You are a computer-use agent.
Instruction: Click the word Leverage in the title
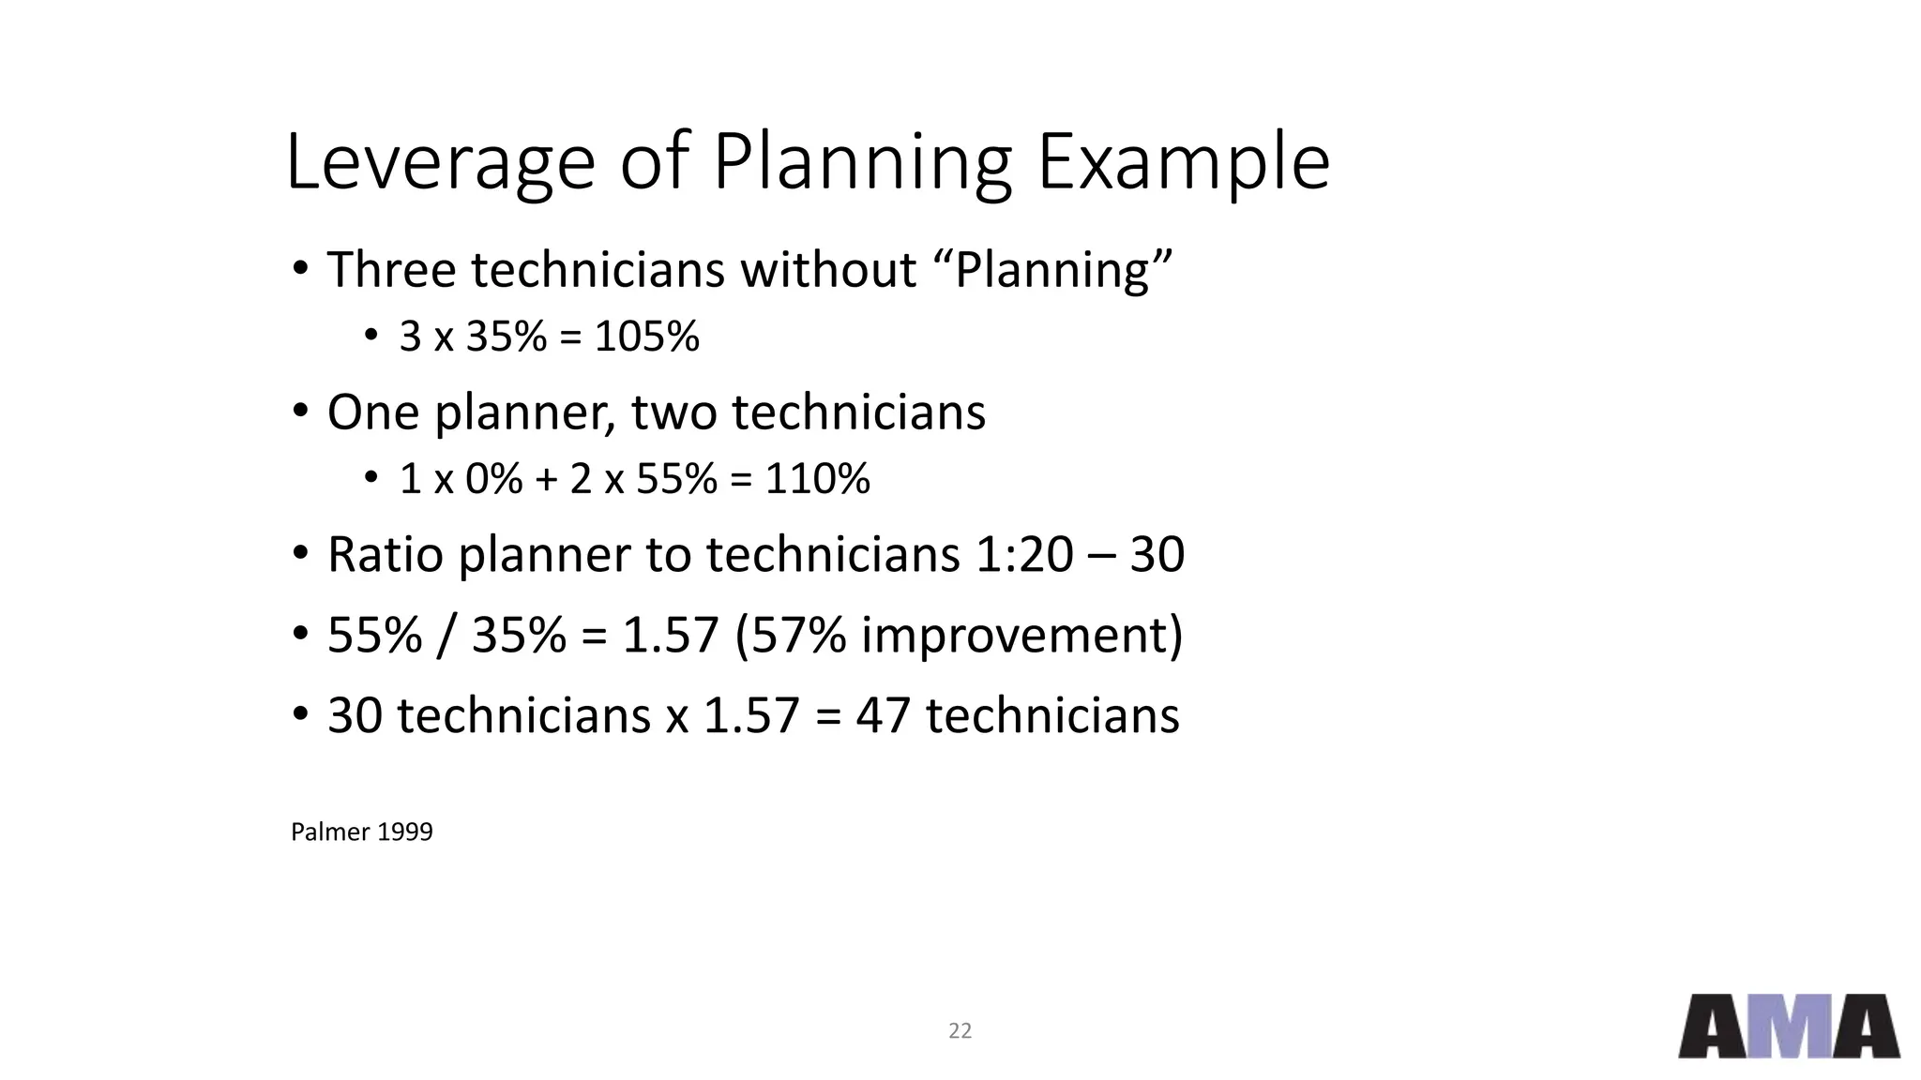tap(440, 163)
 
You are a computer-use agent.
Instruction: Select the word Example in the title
tap(1183, 163)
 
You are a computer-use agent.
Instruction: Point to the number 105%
tap(646, 337)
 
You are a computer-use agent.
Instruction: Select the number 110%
tap(817, 479)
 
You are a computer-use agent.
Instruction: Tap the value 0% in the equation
tap(494, 479)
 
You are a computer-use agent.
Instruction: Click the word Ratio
tap(385, 554)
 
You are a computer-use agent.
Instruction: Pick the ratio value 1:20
tap(1024, 554)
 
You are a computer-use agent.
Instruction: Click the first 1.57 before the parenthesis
tap(670, 635)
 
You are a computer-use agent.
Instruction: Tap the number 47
tap(883, 715)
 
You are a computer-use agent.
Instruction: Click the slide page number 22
tap(960, 1031)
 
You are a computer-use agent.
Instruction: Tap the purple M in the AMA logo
tap(1789, 1027)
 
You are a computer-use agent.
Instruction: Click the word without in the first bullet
tap(828, 270)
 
